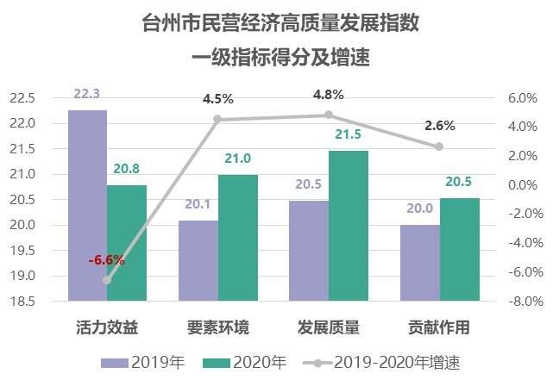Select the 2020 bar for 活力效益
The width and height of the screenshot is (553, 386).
[126, 243]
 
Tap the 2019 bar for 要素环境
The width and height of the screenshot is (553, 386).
[198, 261]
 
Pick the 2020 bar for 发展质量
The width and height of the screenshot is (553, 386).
[348, 226]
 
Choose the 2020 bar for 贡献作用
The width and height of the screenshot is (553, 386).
[459, 250]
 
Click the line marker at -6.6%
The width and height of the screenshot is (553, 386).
[107, 280]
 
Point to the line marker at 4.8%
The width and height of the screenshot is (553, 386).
[329, 115]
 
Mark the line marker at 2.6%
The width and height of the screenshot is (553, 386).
[439, 146]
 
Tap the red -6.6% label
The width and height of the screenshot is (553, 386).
[107, 259]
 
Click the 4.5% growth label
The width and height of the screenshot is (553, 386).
[218, 98]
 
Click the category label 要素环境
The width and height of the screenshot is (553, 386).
[218, 327]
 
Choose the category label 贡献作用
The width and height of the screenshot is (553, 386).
[439, 327]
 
